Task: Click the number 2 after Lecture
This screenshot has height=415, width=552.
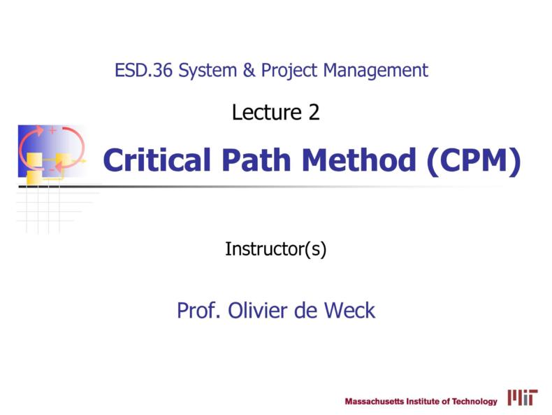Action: coord(314,112)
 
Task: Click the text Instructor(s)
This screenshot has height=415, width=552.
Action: coord(276,248)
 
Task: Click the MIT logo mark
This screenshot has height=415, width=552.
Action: coord(523,398)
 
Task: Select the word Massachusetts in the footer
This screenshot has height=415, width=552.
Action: coord(375,402)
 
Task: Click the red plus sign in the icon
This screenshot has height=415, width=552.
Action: coord(52,131)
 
